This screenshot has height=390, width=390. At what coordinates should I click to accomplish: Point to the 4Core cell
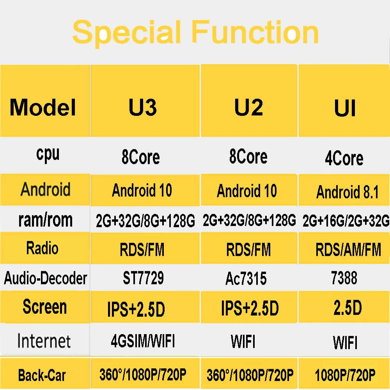pyautogui.click(x=344, y=158)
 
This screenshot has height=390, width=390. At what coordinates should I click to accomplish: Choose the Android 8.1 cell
pyautogui.click(x=347, y=192)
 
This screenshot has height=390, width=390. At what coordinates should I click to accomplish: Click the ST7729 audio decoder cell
pyautogui.click(x=143, y=278)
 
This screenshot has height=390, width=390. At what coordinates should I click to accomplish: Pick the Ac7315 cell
pyautogui.click(x=246, y=278)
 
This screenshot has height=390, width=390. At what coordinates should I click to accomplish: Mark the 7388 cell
pyautogui.click(x=344, y=278)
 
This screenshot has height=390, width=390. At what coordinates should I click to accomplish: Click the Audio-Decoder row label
pyautogui.click(x=45, y=278)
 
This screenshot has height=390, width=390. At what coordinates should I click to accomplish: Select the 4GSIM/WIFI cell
pyautogui.click(x=142, y=341)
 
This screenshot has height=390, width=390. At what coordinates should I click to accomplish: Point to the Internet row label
pyautogui.click(x=44, y=340)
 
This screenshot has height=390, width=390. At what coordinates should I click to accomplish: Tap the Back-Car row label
pyautogui.click(x=42, y=376)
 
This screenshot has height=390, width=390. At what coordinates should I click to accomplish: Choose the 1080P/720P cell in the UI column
pyautogui.click(x=345, y=375)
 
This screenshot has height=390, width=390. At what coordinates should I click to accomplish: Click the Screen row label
pyautogui.click(x=44, y=307)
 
